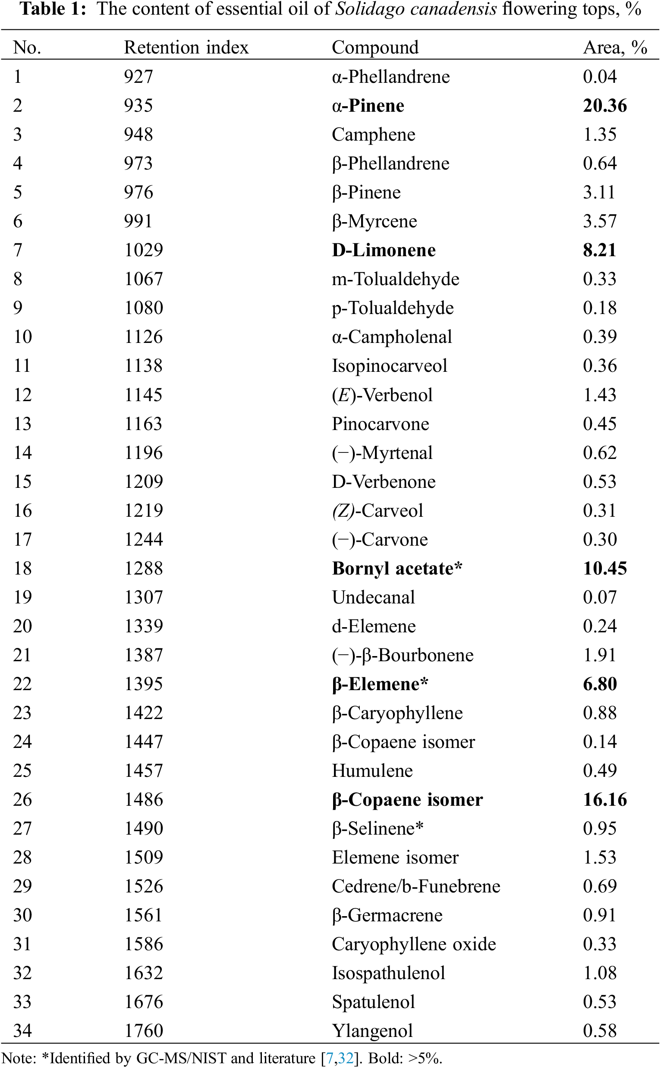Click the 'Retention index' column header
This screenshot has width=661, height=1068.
[x=186, y=47]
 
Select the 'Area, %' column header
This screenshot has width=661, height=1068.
[x=615, y=47]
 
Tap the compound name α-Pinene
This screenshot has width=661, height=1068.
[x=368, y=106]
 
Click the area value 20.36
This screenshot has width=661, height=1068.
[x=604, y=106]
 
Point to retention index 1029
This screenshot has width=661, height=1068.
[x=143, y=250]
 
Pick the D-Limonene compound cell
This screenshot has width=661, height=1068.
[x=384, y=250]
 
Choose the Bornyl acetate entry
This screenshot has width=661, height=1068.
[x=397, y=568]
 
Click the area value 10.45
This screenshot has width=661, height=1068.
[x=604, y=568]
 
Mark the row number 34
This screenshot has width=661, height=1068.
[x=22, y=1030]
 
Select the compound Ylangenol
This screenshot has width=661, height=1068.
[x=372, y=1030]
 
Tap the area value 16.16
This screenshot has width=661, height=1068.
[x=604, y=799]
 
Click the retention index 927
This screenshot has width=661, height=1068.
[x=138, y=77]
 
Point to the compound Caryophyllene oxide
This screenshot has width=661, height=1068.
[x=414, y=944]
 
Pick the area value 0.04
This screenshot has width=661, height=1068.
[x=599, y=77]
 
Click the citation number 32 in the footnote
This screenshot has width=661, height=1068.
[x=345, y=1058]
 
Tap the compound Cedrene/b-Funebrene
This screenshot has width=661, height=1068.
[x=416, y=886]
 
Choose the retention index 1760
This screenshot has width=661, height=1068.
[x=143, y=1030]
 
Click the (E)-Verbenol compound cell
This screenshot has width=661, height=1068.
[x=382, y=395]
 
